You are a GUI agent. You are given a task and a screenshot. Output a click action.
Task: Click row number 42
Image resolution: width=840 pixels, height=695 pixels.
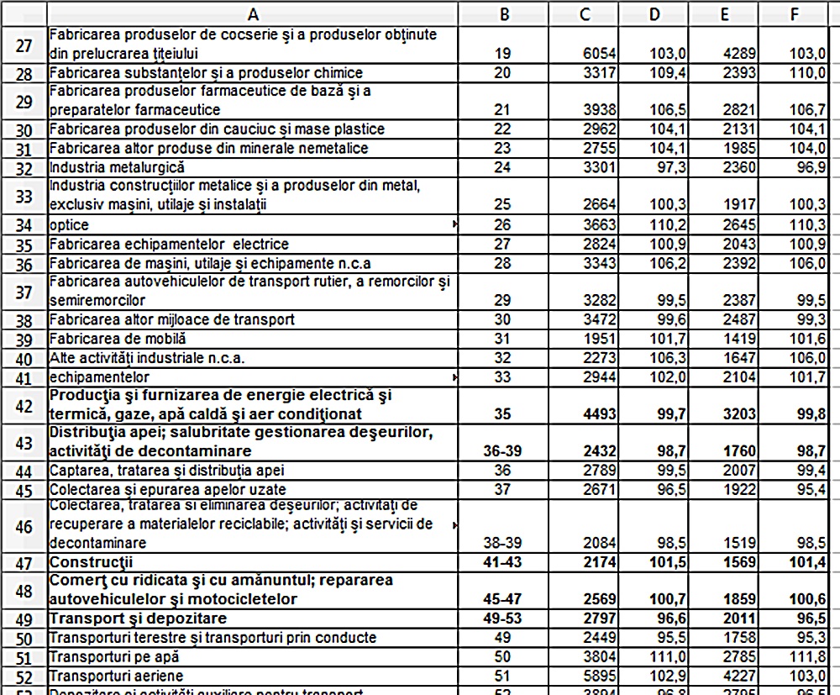coord(24,405)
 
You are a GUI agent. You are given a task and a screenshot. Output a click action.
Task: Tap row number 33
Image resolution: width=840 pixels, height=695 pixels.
coord(24,196)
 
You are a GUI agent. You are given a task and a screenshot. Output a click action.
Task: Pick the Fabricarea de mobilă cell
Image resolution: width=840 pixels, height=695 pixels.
coord(118,339)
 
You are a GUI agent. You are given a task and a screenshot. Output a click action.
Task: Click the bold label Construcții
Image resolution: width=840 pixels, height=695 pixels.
coord(92,561)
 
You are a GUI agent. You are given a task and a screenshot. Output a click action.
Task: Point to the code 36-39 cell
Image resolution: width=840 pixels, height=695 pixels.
coord(503,451)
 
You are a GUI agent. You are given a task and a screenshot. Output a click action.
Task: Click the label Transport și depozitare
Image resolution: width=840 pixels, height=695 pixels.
coord(126,619)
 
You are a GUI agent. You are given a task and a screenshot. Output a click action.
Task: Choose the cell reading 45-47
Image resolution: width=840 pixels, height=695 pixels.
coord(503,599)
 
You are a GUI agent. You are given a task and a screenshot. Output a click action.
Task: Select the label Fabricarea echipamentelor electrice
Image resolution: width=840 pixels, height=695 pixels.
coord(169,245)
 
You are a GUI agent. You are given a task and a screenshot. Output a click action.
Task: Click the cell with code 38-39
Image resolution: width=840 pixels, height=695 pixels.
coord(503,543)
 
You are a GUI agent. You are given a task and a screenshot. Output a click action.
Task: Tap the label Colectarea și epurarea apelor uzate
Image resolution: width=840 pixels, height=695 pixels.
coord(167,489)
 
